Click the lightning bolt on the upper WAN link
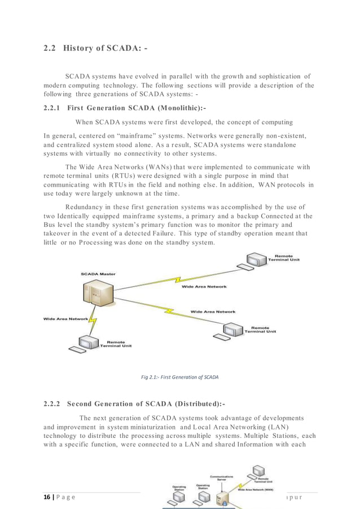point(179,279)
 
